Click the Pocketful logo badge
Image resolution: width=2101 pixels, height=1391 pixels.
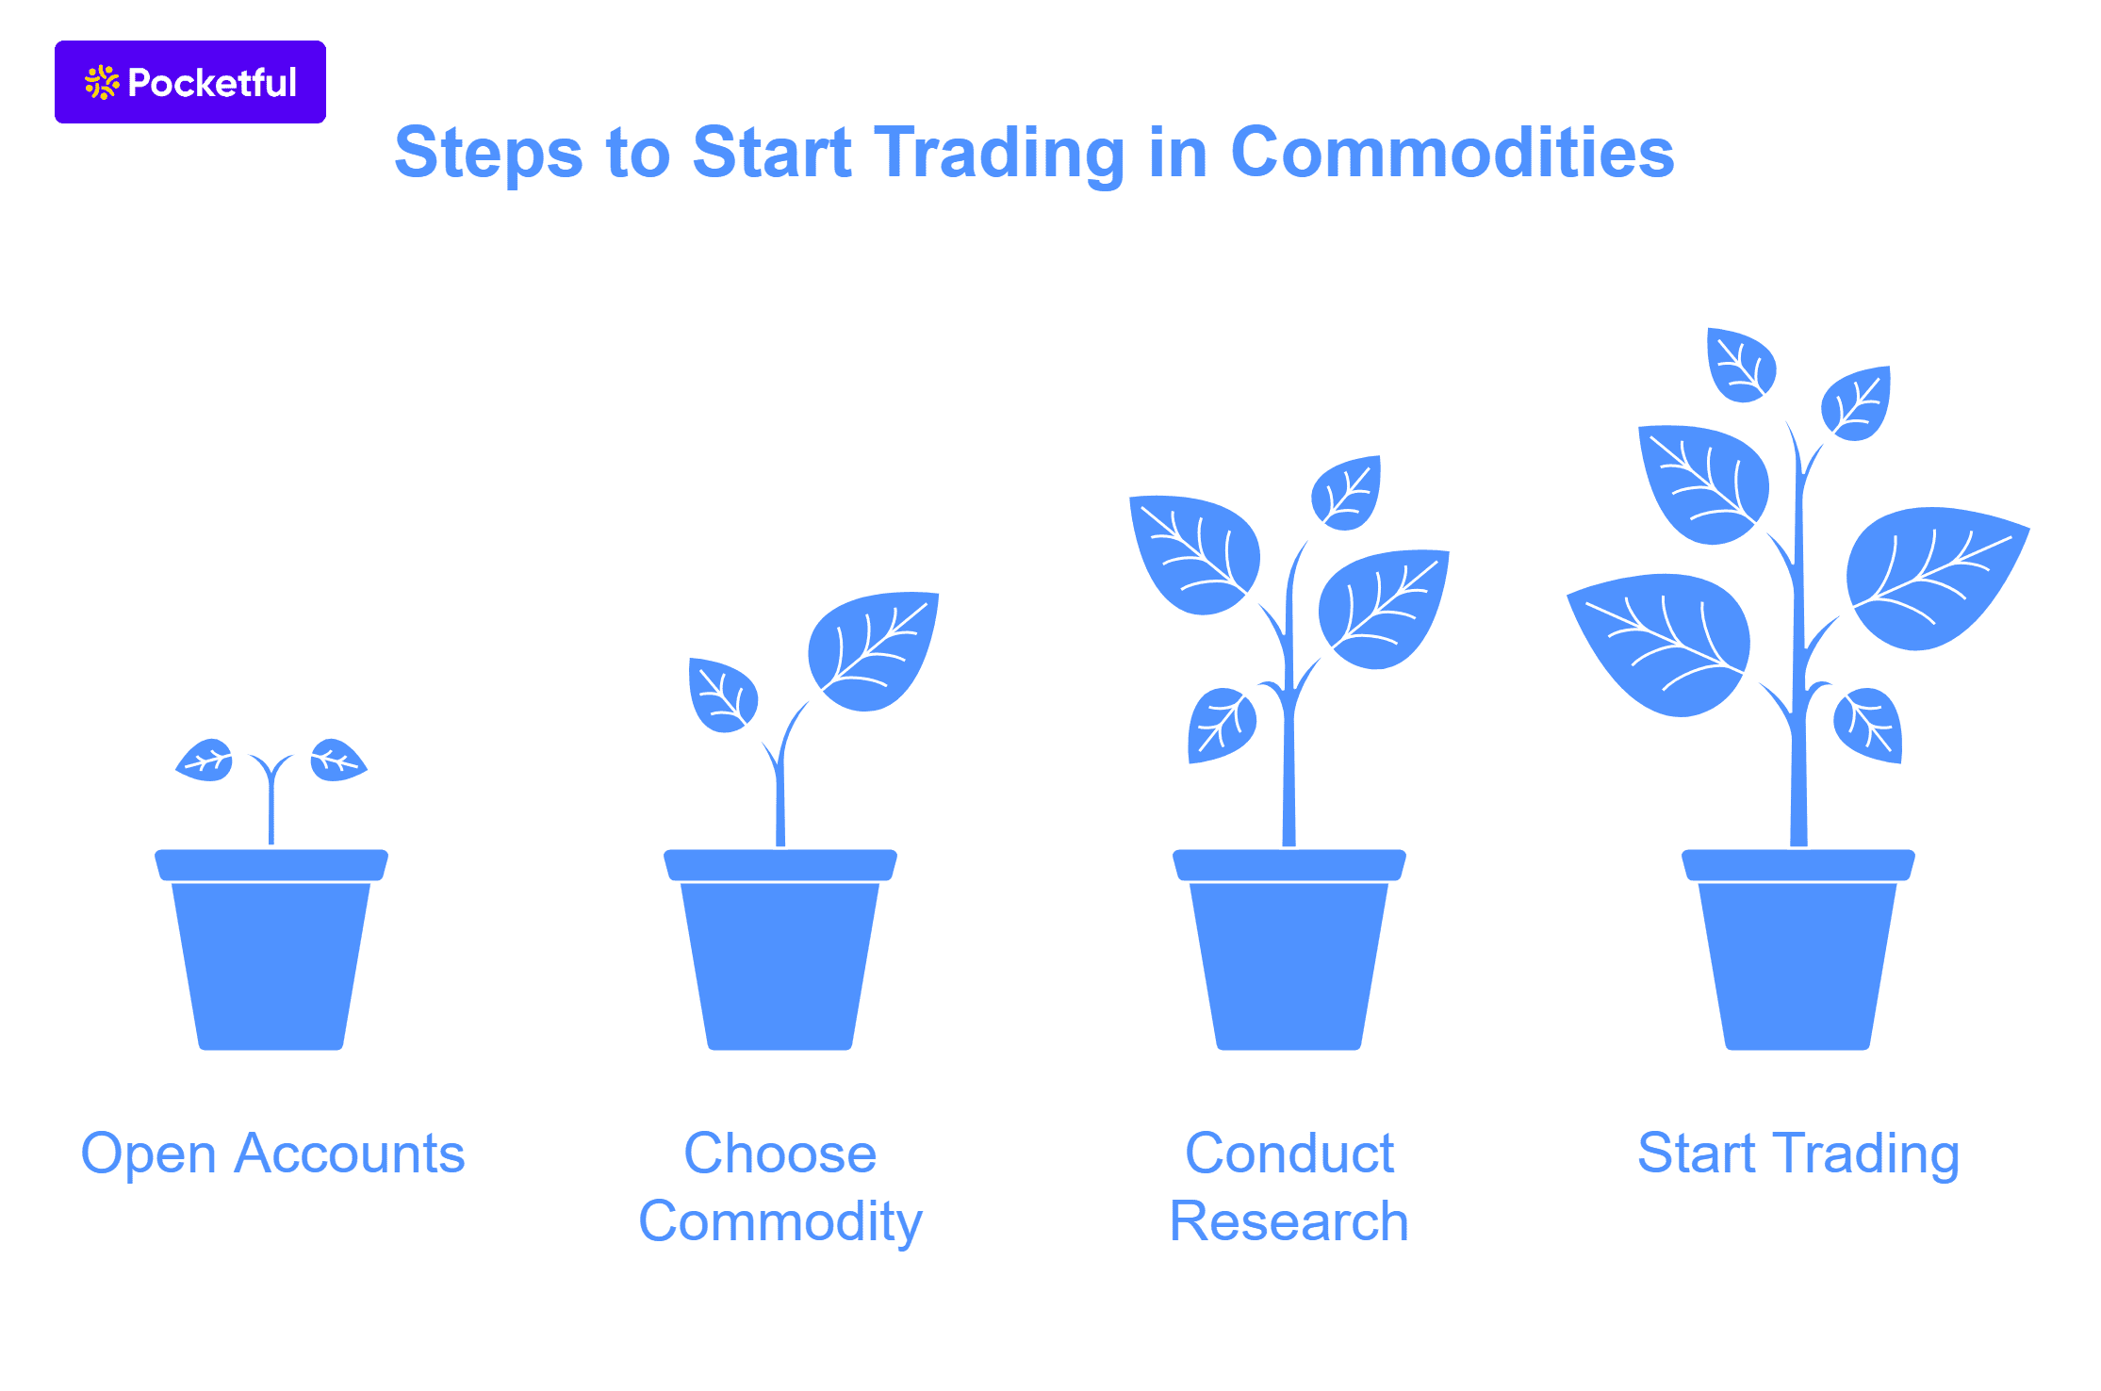[189, 82]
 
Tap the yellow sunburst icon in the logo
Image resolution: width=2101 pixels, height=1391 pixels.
[102, 83]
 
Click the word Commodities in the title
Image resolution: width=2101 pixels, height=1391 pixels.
[1452, 153]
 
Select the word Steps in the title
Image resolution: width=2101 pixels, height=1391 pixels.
[488, 155]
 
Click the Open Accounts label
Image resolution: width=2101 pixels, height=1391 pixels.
[272, 1154]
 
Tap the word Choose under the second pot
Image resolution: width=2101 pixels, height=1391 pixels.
[780, 1154]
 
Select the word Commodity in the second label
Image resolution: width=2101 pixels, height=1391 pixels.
[780, 1222]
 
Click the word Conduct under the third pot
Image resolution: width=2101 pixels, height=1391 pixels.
[1289, 1154]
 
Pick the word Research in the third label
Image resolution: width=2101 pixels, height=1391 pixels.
[1289, 1222]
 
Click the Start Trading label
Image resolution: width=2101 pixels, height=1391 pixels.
[1797, 1154]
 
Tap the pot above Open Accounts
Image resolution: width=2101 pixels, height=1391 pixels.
[271, 952]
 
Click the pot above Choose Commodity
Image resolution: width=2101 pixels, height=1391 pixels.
[780, 952]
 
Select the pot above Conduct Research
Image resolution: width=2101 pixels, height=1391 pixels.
[1289, 952]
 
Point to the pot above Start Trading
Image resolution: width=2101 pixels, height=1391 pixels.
[1798, 952]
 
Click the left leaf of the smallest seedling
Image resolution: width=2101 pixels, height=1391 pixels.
[206, 760]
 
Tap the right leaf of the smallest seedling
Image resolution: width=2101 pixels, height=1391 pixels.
[336, 760]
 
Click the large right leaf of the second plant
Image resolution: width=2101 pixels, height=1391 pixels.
[872, 650]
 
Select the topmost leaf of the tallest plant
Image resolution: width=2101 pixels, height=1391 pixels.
[1741, 365]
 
